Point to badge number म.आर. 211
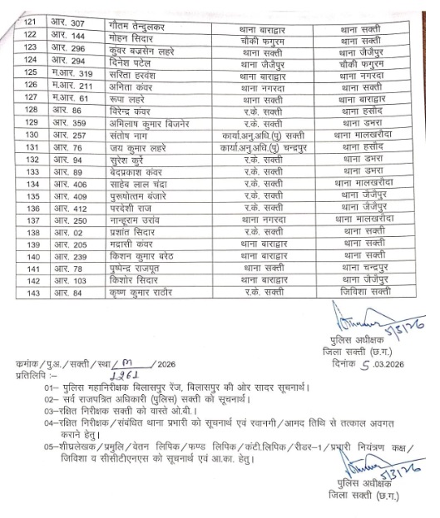70,84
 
